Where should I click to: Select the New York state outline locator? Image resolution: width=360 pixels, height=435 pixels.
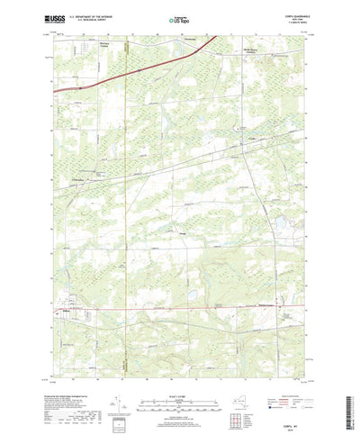240,386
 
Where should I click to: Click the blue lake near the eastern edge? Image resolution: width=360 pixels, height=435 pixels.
281,219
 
